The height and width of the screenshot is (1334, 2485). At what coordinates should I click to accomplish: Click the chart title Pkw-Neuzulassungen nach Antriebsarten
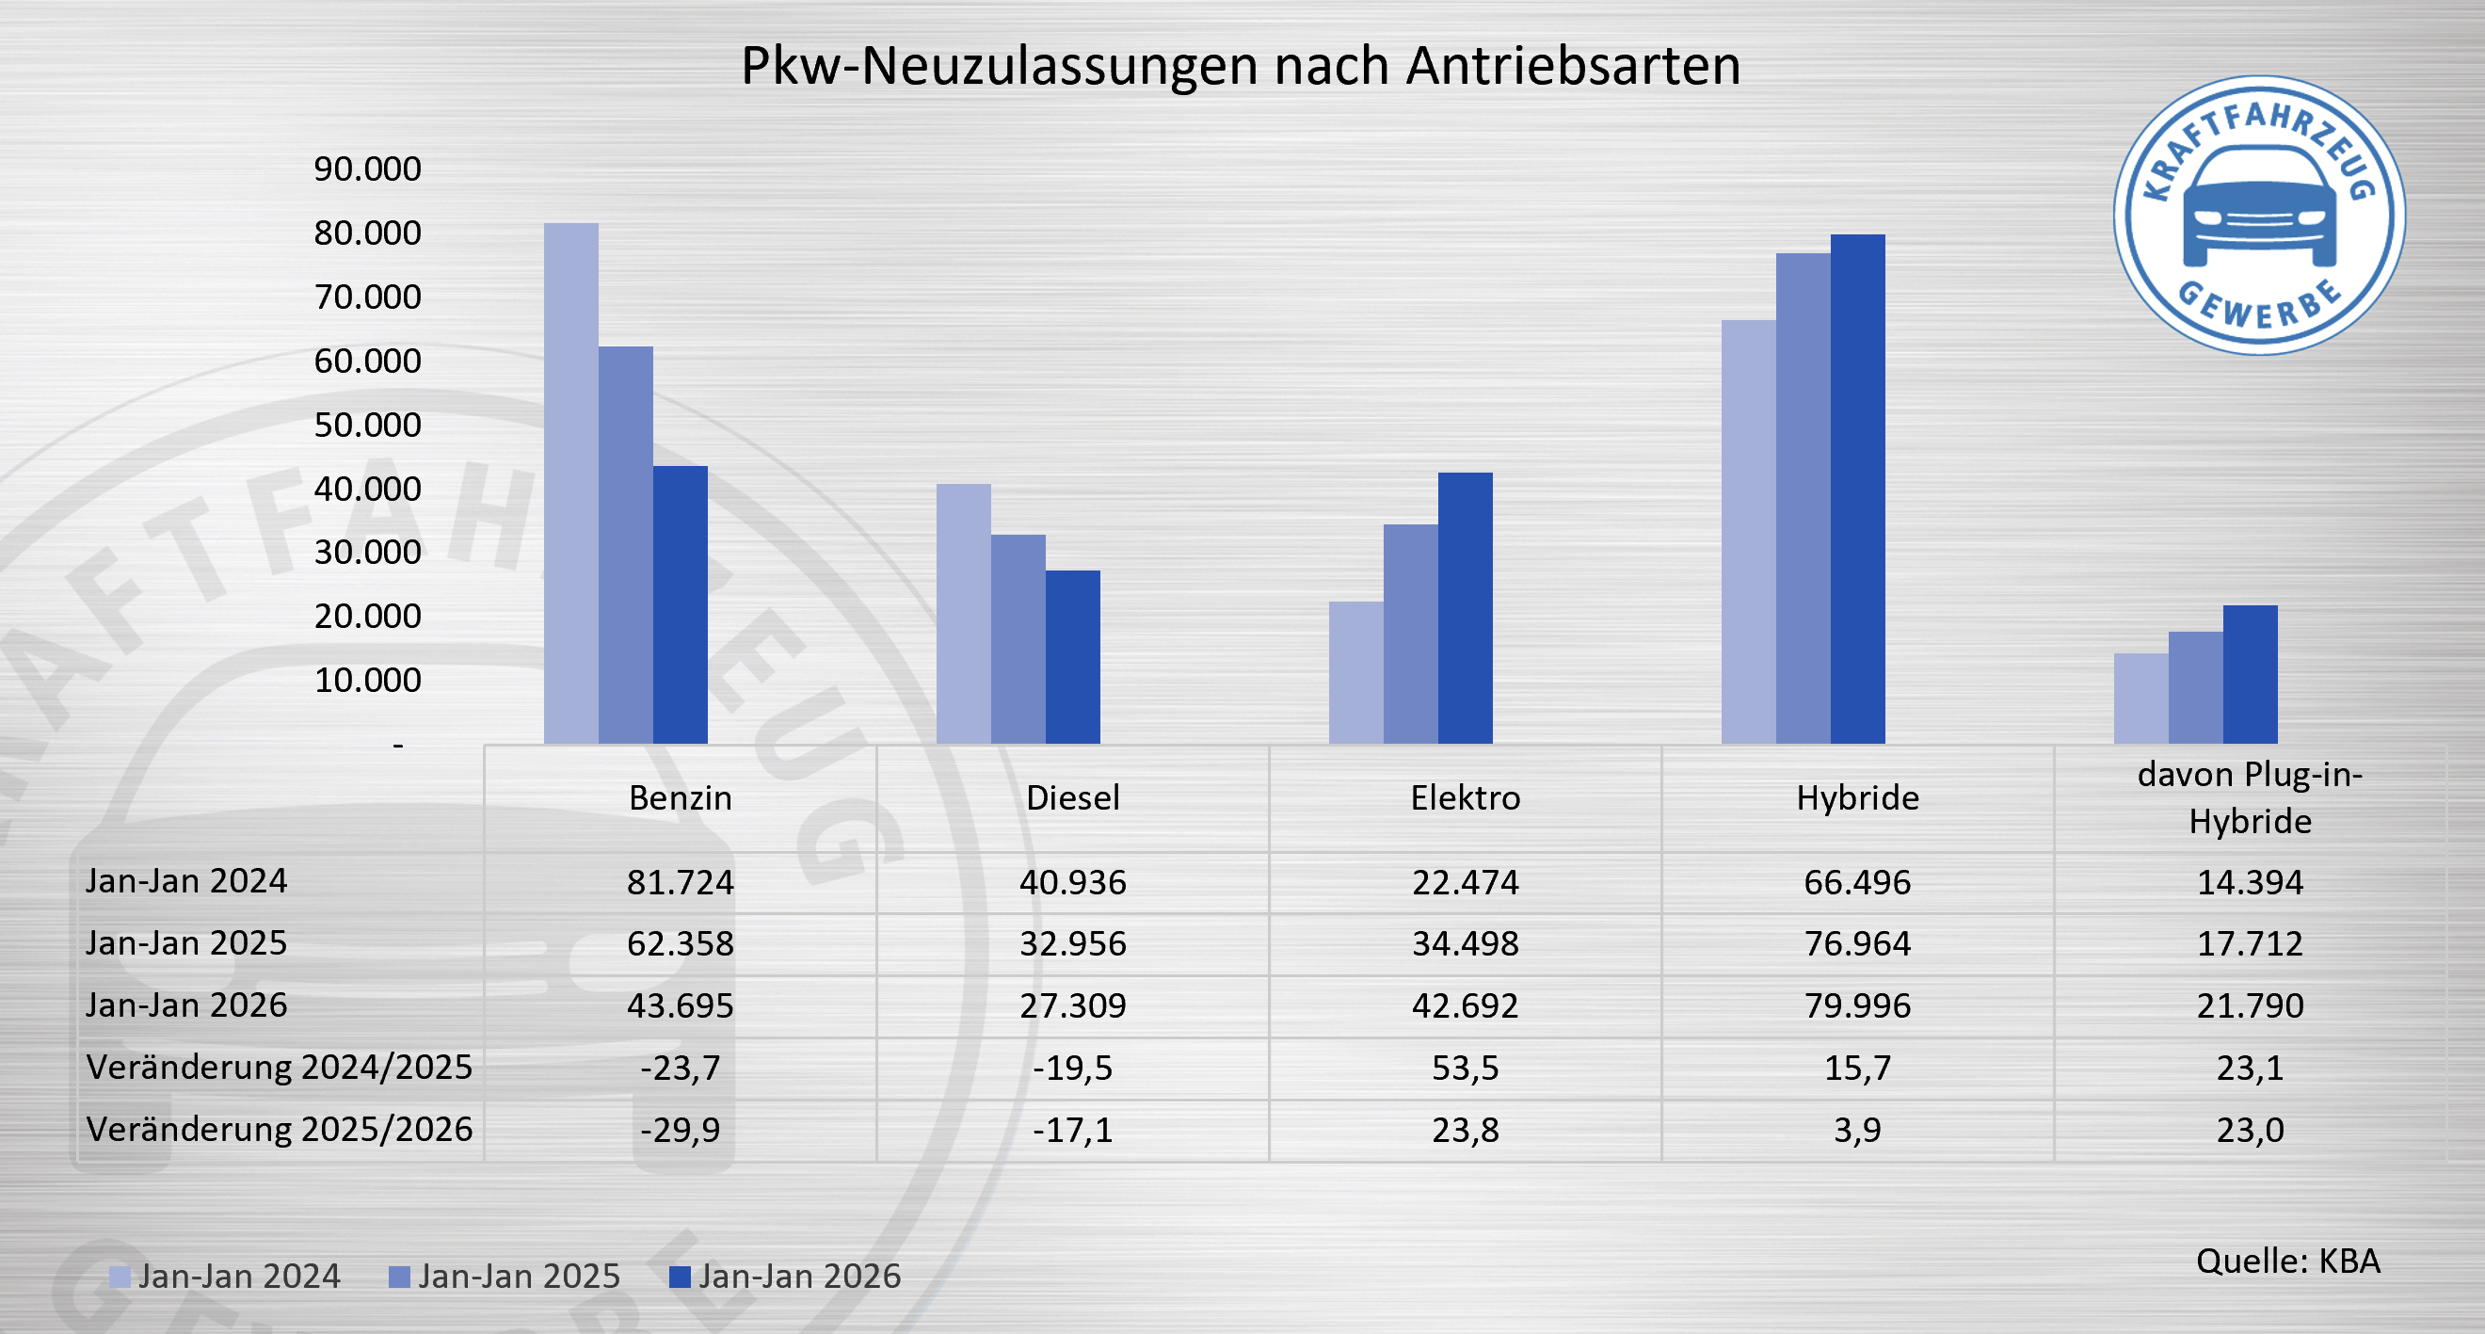(x=1241, y=66)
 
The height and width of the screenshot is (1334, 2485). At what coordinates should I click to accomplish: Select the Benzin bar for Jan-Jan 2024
(x=571, y=482)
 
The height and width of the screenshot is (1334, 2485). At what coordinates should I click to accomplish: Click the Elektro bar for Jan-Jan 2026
(x=1465, y=607)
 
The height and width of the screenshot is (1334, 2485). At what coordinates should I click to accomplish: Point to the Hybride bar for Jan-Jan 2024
(x=1748, y=531)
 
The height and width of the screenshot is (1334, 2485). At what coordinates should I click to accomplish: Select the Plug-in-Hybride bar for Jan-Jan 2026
(x=2250, y=674)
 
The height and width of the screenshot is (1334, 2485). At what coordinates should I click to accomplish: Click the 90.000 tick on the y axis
(x=367, y=169)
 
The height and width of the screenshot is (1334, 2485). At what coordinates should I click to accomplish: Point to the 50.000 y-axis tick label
(x=367, y=425)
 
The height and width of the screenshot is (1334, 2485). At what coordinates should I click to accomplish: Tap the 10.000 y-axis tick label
(x=367, y=680)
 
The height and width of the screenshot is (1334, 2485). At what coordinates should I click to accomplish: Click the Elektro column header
(x=1465, y=797)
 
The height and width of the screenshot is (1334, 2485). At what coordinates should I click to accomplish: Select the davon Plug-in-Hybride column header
(x=2250, y=797)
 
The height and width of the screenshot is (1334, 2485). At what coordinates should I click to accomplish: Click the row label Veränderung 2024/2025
(x=279, y=1067)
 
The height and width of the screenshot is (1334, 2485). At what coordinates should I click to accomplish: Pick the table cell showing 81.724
(x=681, y=881)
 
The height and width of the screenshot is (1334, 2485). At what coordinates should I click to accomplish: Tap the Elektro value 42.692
(x=1465, y=1005)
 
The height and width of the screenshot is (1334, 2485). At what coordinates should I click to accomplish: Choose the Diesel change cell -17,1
(x=1073, y=1129)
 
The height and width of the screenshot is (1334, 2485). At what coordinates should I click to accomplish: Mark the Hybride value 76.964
(x=1857, y=943)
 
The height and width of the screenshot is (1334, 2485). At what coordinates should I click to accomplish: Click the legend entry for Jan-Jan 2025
(x=505, y=1277)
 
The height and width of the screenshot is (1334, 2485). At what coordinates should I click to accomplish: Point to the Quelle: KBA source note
(x=2288, y=1261)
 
